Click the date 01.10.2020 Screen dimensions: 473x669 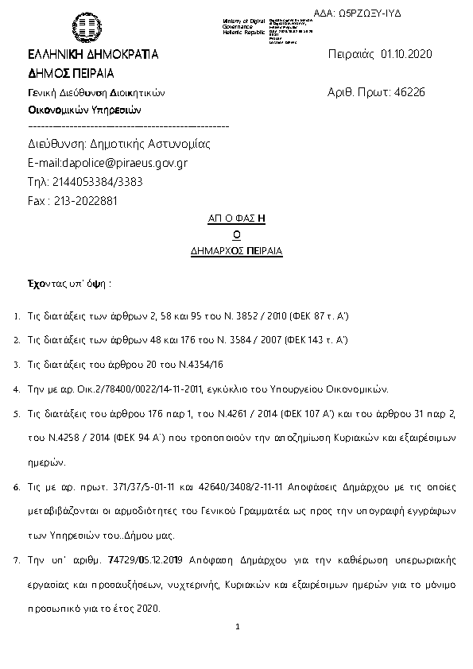405,54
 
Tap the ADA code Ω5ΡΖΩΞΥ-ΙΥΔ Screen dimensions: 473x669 370,14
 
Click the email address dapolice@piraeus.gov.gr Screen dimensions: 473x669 118,163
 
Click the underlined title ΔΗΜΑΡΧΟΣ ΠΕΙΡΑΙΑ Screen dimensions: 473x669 237,250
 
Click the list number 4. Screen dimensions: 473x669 17,390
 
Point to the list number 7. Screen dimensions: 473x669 17,560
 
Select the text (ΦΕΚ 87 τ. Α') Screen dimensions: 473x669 315,316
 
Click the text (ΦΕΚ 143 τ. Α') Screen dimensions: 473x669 317,341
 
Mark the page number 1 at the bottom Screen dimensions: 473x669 237,627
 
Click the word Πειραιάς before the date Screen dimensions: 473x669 351,54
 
